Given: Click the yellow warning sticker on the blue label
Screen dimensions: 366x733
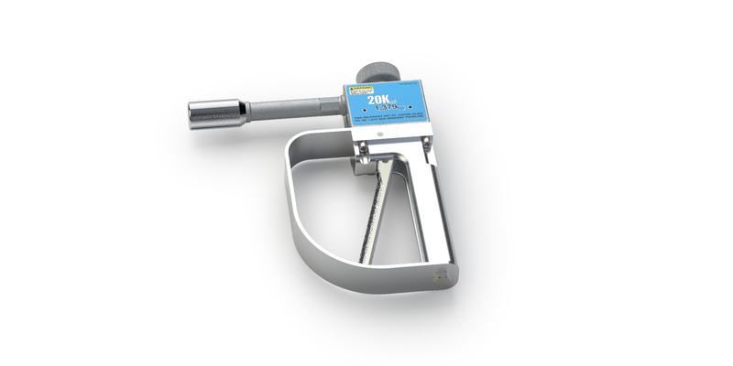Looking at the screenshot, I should [359, 92].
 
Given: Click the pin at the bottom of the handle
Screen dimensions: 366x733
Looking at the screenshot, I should [443, 274].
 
